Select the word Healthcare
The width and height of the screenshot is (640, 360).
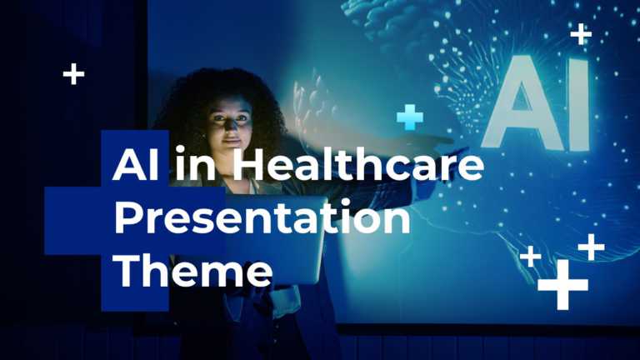pyautogui.click(x=348, y=167)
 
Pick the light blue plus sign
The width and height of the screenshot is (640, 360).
pyautogui.click(x=409, y=117)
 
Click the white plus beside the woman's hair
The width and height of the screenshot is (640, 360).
pyautogui.click(x=73, y=74)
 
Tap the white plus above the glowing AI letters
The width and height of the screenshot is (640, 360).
pyautogui.click(x=581, y=34)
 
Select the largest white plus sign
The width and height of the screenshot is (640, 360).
pyautogui.click(x=563, y=284)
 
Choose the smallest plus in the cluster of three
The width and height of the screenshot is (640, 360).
pyautogui.click(x=529, y=257)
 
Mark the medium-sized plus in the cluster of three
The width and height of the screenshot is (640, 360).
pyautogui.click(x=591, y=247)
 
